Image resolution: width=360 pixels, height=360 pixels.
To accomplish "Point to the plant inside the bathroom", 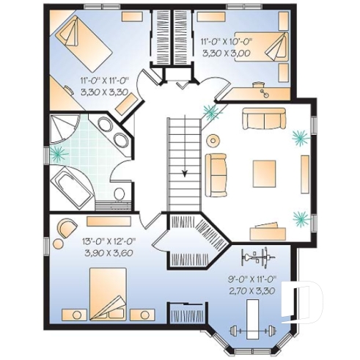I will tap(58, 154).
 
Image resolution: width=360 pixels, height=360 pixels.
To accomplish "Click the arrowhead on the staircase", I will tap(185, 173).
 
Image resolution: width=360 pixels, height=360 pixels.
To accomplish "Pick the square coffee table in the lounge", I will tap(265, 174).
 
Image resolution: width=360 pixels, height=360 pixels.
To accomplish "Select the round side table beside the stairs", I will tap(213, 140).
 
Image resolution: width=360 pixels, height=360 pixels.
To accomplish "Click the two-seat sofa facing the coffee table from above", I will tap(265, 119).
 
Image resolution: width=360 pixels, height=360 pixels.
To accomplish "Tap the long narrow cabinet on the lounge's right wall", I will tap(304, 174).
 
